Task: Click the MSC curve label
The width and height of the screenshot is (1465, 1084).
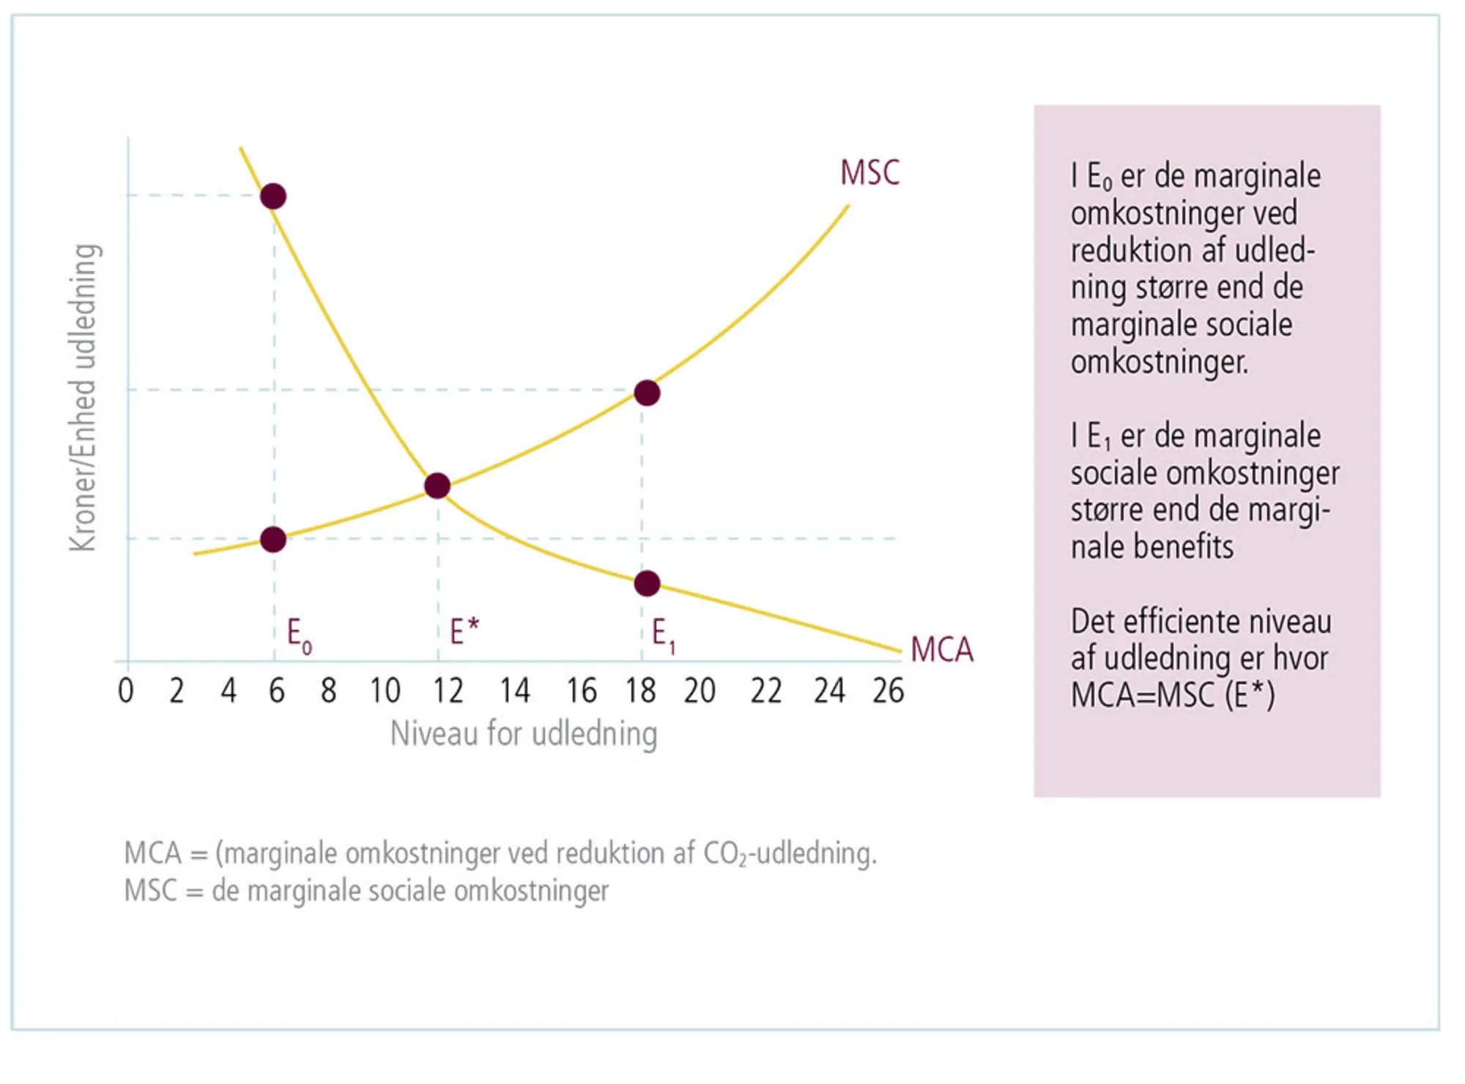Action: coord(869,173)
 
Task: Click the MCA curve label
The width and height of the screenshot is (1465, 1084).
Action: coord(941,650)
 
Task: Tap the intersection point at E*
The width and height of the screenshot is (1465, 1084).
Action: coord(437,486)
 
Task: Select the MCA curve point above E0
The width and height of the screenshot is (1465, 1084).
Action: coord(273,196)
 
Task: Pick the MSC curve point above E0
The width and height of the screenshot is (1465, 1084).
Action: coord(273,540)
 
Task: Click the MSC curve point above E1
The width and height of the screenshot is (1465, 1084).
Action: coord(647,393)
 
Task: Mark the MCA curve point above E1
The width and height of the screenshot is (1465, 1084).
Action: coord(647,584)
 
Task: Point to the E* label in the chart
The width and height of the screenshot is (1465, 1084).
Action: coord(464,631)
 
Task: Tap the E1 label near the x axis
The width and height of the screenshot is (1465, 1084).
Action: coord(663,634)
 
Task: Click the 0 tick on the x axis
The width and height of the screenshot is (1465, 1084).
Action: coord(126,691)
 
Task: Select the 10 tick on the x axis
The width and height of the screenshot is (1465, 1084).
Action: coord(385,691)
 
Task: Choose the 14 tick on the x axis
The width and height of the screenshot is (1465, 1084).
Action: coord(514,691)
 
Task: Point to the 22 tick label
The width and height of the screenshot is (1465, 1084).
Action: coord(765,691)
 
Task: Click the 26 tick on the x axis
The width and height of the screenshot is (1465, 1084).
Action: coord(888,691)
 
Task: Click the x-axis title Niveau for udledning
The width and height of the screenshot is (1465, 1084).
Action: coord(524,734)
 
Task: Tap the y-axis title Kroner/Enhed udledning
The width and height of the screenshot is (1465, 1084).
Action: coord(83,397)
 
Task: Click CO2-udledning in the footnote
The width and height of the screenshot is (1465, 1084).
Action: coord(789,854)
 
